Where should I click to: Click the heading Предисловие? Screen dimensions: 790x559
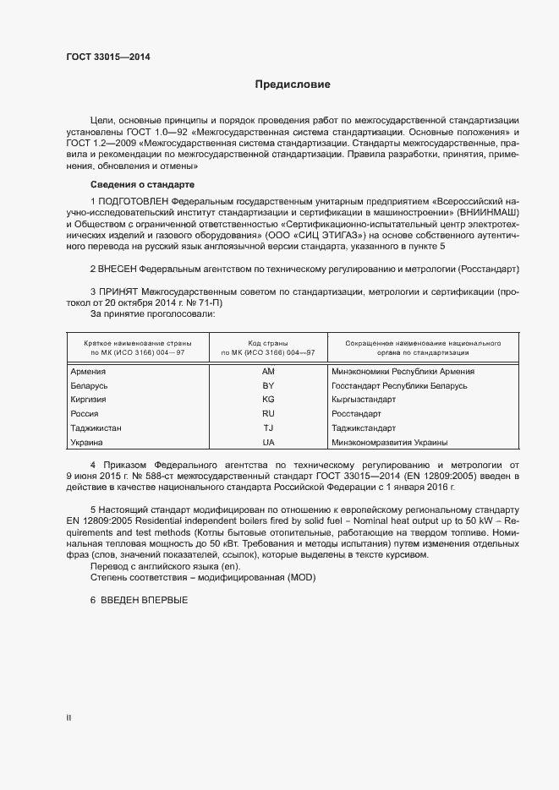pos(293,84)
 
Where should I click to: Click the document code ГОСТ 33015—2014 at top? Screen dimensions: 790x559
pos(110,57)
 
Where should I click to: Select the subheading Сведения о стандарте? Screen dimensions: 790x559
pos(142,184)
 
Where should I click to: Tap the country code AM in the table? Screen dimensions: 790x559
pos(268,372)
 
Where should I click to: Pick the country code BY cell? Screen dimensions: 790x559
pos(268,386)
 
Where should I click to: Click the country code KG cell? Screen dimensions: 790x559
pos(268,400)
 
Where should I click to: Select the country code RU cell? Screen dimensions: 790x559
pos(268,414)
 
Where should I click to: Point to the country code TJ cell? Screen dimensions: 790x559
pos(268,428)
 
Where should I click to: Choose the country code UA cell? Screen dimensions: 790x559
pos(268,443)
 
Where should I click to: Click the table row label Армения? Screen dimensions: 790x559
pos(88,372)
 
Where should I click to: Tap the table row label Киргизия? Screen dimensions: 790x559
pos(89,400)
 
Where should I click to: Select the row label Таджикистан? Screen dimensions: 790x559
pos(96,428)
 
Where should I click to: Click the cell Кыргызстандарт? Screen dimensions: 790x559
pos(364,400)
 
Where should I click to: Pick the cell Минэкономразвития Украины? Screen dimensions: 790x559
pos(390,443)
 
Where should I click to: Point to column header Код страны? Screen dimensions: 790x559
pos(268,344)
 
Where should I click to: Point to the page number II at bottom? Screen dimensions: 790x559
pos(69,719)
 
